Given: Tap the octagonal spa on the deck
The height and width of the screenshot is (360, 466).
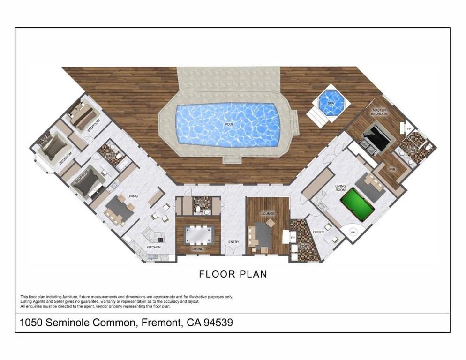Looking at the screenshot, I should click(x=331, y=103).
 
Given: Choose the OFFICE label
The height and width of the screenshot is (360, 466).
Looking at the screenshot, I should click(x=319, y=232).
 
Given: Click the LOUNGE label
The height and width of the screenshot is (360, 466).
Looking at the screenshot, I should click(x=268, y=213).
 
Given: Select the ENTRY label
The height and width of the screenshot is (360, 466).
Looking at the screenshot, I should click(x=233, y=242).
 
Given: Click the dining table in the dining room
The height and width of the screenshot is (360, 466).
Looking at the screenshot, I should click(x=199, y=234).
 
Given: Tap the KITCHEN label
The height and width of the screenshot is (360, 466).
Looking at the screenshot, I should click(x=154, y=247).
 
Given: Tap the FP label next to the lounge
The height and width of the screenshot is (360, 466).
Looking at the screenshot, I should click(x=293, y=238).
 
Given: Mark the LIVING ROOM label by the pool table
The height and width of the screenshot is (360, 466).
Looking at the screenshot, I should click(x=340, y=188).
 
